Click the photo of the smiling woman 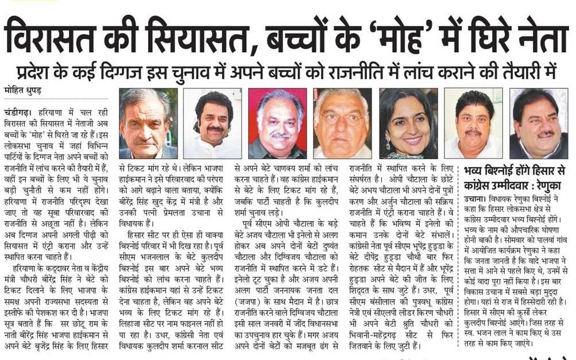pos(408,123)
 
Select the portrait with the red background pos(277,123)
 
